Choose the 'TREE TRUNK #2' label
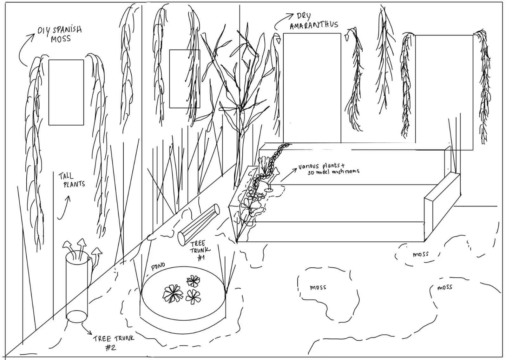coord(110,342)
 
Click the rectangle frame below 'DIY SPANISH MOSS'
coord(66,92)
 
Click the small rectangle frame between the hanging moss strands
coord(185,79)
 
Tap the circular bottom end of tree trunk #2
coord(77,316)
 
